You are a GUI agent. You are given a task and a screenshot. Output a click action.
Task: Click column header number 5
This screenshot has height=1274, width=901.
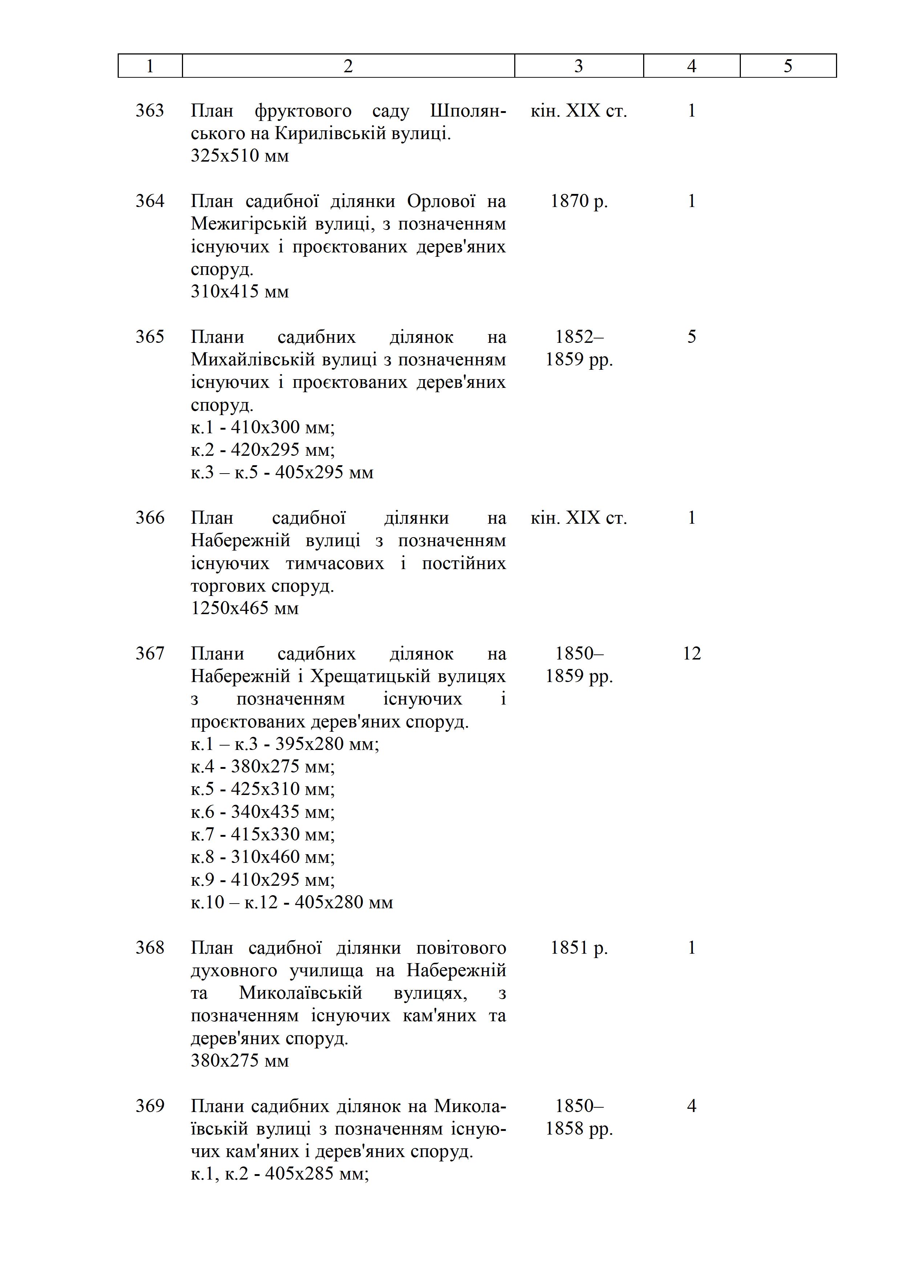coord(788,66)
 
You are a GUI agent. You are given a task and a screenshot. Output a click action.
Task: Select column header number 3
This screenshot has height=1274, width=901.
coord(579,66)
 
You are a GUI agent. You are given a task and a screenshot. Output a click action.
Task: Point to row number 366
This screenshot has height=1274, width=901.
coord(150,518)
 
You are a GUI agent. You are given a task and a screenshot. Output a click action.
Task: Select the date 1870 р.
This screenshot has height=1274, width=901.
coord(579,201)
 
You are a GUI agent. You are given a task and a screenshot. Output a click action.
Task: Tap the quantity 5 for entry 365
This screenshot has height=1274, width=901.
coord(691,337)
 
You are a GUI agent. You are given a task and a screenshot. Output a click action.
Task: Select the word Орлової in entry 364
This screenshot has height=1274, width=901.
coord(441,201)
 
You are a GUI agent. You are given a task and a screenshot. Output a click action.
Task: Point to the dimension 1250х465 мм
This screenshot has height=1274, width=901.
coord(245,608)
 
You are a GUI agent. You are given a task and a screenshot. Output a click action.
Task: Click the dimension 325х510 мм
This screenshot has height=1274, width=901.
coord(240,155)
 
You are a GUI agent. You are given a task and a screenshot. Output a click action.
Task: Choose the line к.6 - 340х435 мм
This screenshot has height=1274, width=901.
coord(263,812)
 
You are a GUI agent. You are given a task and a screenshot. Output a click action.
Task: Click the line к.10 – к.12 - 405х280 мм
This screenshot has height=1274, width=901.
coord(292,902)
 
